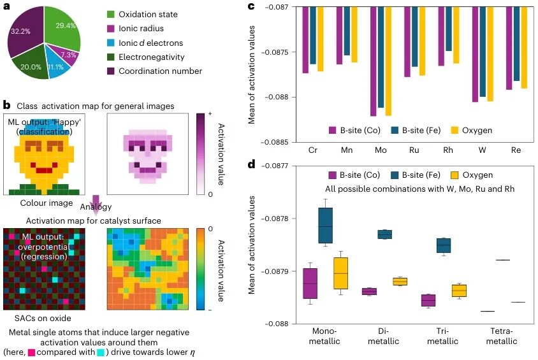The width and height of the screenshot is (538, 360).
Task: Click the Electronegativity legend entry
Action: pos(146,57)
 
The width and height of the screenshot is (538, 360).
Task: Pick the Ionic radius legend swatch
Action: pos(110,29)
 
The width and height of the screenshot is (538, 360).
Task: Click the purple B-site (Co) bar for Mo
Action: pos(374,61)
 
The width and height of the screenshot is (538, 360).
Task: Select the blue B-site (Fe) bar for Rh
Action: pos(449,29)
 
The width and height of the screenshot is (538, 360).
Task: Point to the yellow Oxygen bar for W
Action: pos(490,54)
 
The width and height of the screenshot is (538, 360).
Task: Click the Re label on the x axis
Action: pos(516,150)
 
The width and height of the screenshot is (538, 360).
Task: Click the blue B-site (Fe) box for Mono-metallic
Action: pos(325,226)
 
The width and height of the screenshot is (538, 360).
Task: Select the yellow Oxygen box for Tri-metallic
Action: pos(459,291)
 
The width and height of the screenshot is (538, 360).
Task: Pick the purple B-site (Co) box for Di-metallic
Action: pos(369,291)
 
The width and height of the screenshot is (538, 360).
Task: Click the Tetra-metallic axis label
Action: pos(501,336)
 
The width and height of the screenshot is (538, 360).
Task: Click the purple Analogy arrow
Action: pos(96,202)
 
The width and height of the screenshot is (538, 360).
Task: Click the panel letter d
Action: pos(252,164)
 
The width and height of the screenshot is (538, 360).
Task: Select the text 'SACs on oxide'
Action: pos(43,318)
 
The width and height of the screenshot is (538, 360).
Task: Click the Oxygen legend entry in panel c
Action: pos(472,130)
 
